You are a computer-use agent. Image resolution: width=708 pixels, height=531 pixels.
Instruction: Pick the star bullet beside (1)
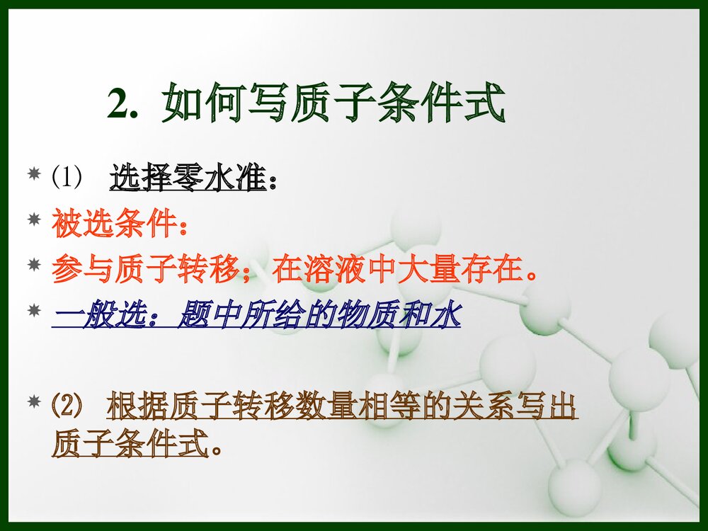point(33,173)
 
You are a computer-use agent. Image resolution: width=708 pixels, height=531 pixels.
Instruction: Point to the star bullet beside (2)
point(33,402)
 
